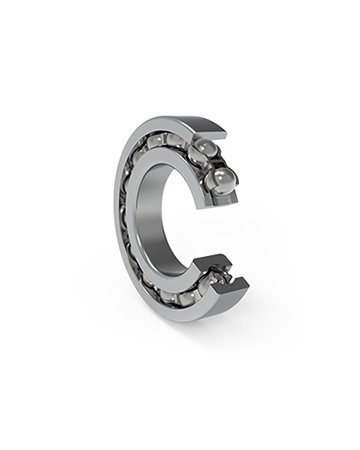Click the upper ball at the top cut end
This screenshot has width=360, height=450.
point(207,152)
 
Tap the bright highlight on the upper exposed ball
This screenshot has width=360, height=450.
point(204,147)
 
